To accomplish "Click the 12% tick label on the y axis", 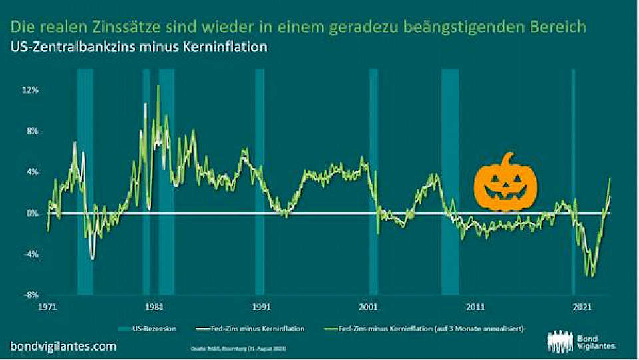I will (31, 90).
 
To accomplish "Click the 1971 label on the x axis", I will (47, 307).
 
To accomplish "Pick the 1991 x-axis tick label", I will (261, 307).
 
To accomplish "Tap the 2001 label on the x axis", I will (368, 307).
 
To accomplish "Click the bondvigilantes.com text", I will (63, 346).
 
